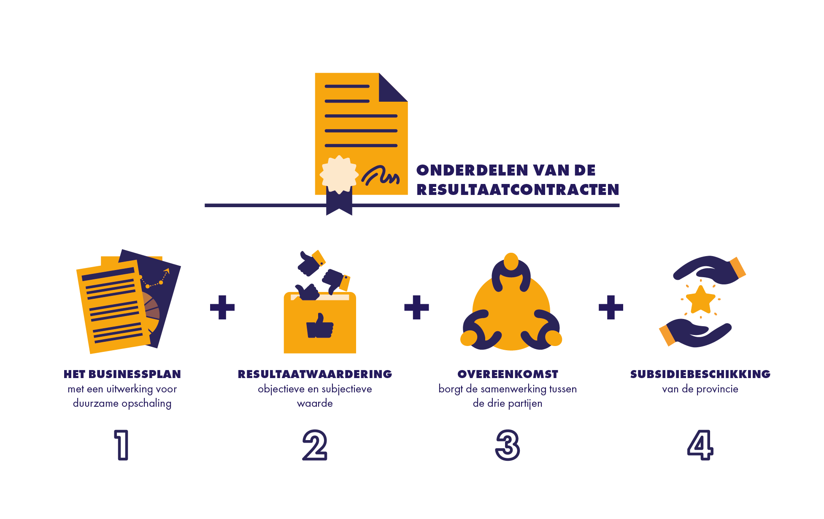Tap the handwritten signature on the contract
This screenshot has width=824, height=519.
[x=381, y=176]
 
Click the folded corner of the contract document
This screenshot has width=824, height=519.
[x=393, y=87]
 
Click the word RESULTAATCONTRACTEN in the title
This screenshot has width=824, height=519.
[x=518, y=189]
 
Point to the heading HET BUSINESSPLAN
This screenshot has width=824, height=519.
[x=122, y=374]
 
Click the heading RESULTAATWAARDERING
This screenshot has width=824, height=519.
[x=315, y=374]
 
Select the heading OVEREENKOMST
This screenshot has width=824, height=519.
[x=508, y=374]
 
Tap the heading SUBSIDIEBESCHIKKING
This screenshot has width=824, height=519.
[x=700, y=374]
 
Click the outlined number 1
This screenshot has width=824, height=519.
[x=122, y=445]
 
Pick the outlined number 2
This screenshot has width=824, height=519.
[x=315, y=445]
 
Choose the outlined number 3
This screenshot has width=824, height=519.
[x=508, y=445]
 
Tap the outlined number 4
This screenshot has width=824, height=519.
[x=700, y=445]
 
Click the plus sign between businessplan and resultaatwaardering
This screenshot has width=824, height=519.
[x=222, y=307]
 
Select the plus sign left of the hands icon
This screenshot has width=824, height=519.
[x=611, y=307]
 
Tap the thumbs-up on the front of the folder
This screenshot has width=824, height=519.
[x=320, y=326]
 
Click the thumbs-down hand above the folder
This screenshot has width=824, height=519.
[x=336, y=281]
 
